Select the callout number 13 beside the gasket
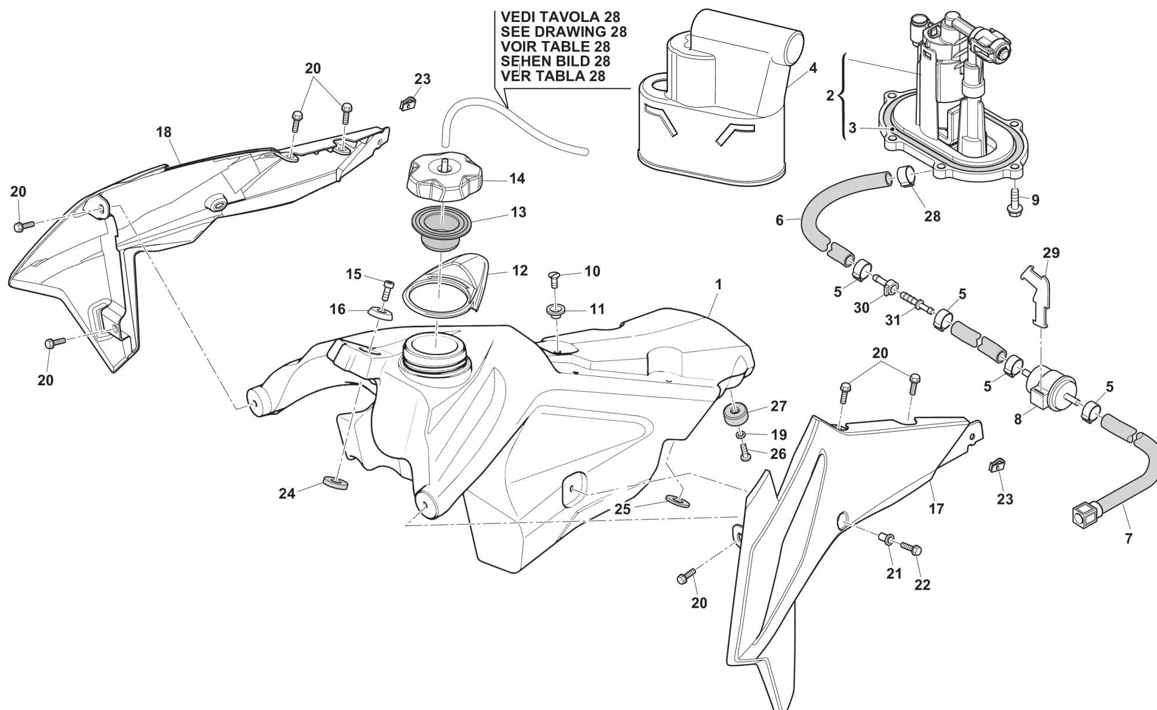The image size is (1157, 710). pyautogui.click(x=518, y=212)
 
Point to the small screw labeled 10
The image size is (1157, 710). pyautogui.click(x=553, y=279)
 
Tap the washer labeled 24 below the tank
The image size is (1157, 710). pyautogui.click(x=335, y=483)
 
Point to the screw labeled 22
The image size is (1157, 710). pyautogui.click(x=910, y=551)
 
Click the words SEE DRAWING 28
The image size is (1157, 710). pyautogui.click(x=563, y=32)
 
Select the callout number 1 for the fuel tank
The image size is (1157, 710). pyautogui.click(x=718, y=285)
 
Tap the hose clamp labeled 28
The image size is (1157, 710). pyautogui.click(x=908, y=177)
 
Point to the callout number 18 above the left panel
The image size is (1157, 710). pyautogui.click(x=164, y=132)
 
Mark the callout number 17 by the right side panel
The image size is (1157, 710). pyautogui.click(x=936, y=509)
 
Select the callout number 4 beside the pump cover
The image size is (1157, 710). pyautogui.click(x=813, y=68)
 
